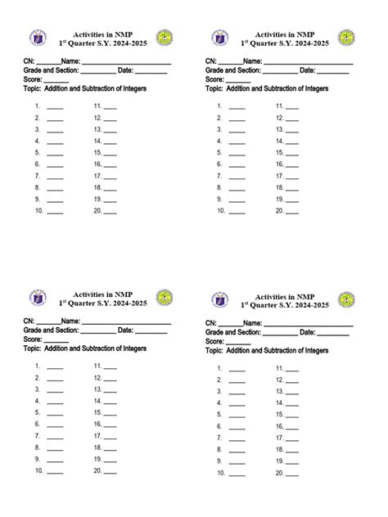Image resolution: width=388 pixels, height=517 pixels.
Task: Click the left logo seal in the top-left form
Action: (x=37, y=38)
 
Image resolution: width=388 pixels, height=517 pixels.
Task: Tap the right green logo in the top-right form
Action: (x=347, y=38)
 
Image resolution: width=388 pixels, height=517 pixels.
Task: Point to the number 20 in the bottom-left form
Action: (x=98, y=471)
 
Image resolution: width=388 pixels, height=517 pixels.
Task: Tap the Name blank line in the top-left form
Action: (x=127, y=62)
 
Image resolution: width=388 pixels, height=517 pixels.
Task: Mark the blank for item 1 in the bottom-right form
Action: (x=237, y=370)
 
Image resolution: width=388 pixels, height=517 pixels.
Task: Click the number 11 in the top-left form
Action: (x=97, y=106)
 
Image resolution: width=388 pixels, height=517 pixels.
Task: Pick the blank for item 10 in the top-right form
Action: (x=237, y=212)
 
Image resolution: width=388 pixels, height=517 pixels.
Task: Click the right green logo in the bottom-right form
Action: (x=347, y=299)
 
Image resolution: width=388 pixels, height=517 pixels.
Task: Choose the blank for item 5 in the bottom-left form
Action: (x=55, y=414)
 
